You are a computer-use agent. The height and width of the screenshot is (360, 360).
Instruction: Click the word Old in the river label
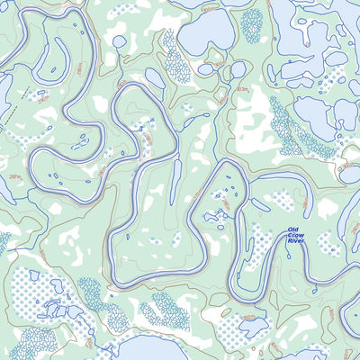[x=292, y=231]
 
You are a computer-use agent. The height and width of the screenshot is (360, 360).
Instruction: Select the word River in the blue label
[x=294, y=244]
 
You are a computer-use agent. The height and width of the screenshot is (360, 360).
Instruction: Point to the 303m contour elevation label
[x=241, y=90]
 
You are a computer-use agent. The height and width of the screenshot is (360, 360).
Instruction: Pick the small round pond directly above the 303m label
[x=238, y=69]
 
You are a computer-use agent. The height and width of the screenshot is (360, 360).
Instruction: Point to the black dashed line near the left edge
[x=11, y=117]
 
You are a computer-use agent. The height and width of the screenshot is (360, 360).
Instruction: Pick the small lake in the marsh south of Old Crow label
[x=253, y=326]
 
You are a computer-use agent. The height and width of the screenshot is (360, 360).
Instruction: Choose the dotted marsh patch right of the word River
[x=328, y=245]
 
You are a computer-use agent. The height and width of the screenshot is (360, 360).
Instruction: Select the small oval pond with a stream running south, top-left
[x=119, y=41]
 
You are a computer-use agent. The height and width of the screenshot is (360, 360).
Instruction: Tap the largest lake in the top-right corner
[x=310, y=31]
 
